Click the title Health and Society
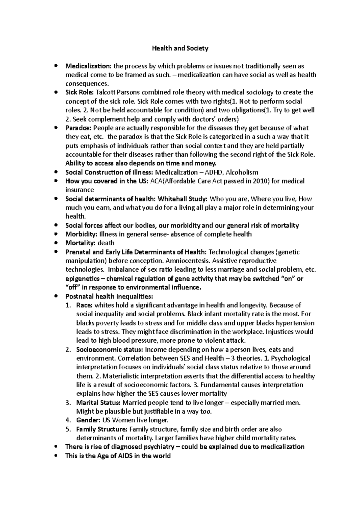click(x=180, y=48)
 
